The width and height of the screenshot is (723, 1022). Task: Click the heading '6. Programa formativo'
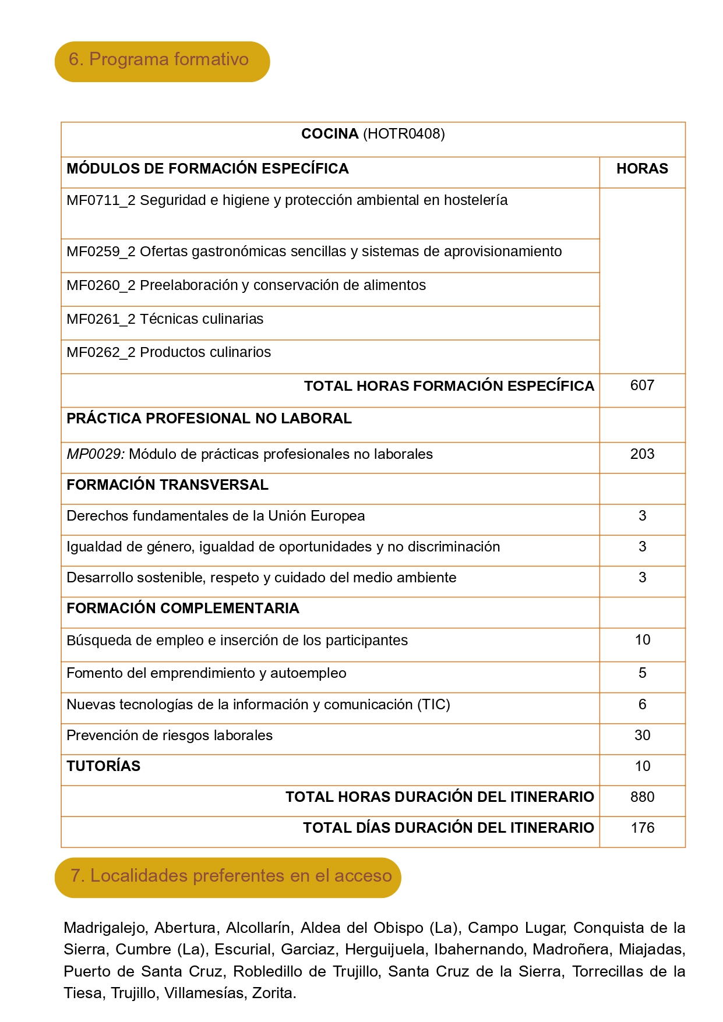click(158, 59)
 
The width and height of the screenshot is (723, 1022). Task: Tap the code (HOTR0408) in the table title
click(404, 134)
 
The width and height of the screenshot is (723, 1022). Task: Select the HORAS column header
click(642, 169)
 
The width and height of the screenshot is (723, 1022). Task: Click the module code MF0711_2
click(101, 200)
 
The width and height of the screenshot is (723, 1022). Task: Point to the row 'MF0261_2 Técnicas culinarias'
click(165, 319)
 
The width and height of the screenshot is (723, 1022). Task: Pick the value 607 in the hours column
click(642, 386)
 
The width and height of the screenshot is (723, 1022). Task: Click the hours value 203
click(642, 454)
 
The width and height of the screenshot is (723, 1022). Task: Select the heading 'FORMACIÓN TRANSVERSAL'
click(167, 485)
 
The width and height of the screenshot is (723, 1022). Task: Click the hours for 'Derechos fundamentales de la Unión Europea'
click(642, 516)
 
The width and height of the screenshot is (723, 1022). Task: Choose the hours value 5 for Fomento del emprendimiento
click(642, 673)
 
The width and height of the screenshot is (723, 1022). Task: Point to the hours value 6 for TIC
click(642, 705)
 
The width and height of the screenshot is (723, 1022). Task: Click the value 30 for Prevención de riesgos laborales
click(642, 735)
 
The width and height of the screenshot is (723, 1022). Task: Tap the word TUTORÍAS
click(104, 766)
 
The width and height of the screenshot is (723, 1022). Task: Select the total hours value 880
click(642, 797)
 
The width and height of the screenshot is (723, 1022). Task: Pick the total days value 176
click(642, 828)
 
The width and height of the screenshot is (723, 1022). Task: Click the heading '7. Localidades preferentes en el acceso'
click(231, 876)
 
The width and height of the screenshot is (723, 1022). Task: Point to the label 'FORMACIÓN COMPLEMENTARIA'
click(182, 609)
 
